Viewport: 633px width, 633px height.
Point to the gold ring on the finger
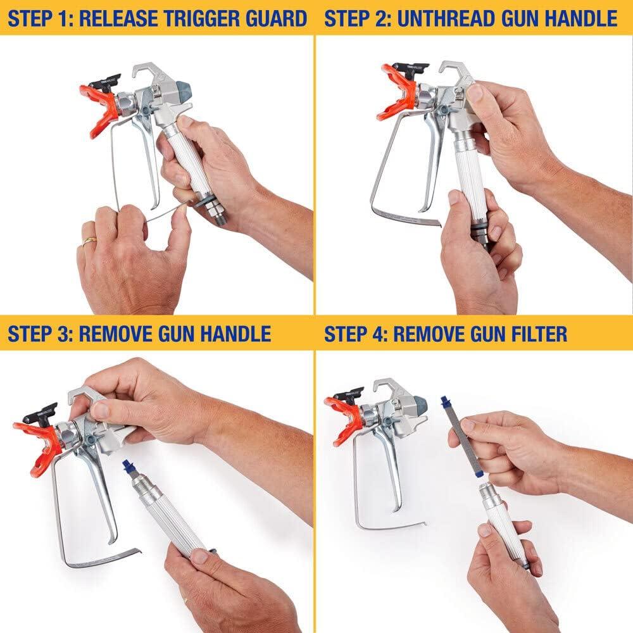[89, 241]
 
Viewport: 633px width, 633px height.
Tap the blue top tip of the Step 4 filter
[445, 403]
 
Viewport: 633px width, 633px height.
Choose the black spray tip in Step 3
[38, 415]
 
